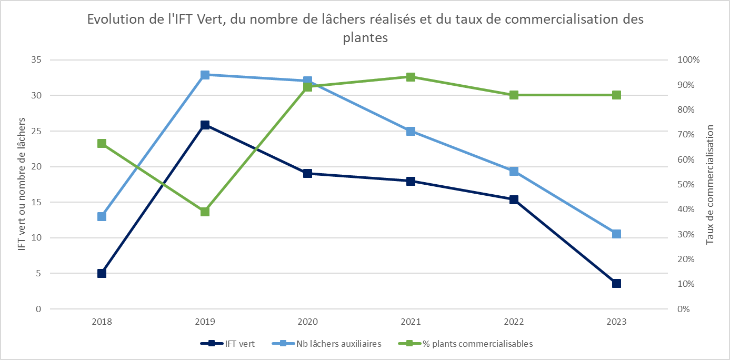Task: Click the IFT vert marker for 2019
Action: pyautogui.click(x=205, y=125)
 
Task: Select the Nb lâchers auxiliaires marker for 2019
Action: pyautogui.click(x=205, y=75)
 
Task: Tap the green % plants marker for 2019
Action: pyautogui.click(x=205, y=212)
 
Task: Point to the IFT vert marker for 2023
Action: pyautogui.click(x=616, y=283)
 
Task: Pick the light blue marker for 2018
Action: pyautogui.click(x=102, y=216)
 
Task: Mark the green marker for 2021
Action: pyautogui.click(x=411, y=77)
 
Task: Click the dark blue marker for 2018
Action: pyautogui.click(x=102, y=273)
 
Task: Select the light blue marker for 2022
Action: pyautogui.click(x=514, y=171)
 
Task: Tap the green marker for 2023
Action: pyautogui.click(x=616, y=95)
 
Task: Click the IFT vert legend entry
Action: pyautogui.click(x=228, y=344)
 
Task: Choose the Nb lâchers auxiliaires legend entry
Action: pyautogui.click(x=326, y=344)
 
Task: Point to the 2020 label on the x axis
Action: pyautogui.click(x=308, y=322)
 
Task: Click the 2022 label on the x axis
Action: pyautogui.click(x=514, y=322)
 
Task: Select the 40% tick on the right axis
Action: pyautogui.click(x=687, y=209)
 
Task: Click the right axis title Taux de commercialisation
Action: pyautogui.click(x=710, y=184)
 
